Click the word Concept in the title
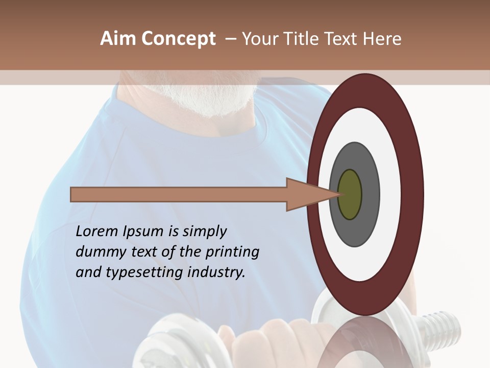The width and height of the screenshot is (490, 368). pyautogui.click(x=179, y=39)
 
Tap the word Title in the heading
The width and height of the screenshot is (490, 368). pyautogui.click(x=302, y=39)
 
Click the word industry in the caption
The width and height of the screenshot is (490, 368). pyautogui.click(x=216, y=272)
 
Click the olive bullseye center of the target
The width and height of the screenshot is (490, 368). pyautogui.click(x=350, y=194)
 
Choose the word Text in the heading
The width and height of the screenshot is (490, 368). pyautogui.click(x=343, y=39)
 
